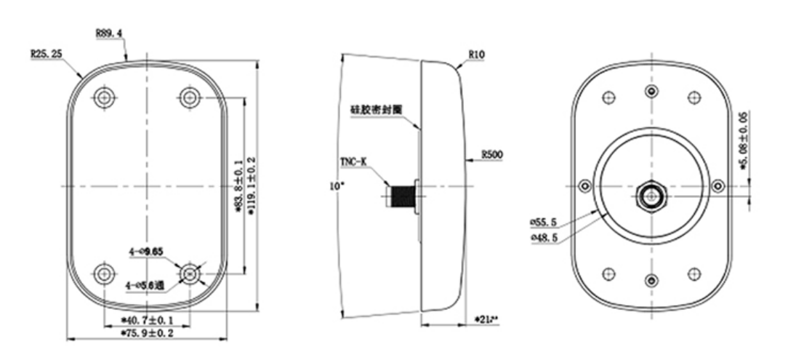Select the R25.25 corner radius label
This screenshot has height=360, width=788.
pos(47,53)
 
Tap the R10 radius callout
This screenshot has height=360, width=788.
pos(477,54)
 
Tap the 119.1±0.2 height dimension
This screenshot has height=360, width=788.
pos(252,191)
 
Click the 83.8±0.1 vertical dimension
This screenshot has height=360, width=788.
pos(237,191)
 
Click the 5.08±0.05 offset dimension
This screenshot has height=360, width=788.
pos(742,141)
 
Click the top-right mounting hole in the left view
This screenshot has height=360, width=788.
pos(190,97)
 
